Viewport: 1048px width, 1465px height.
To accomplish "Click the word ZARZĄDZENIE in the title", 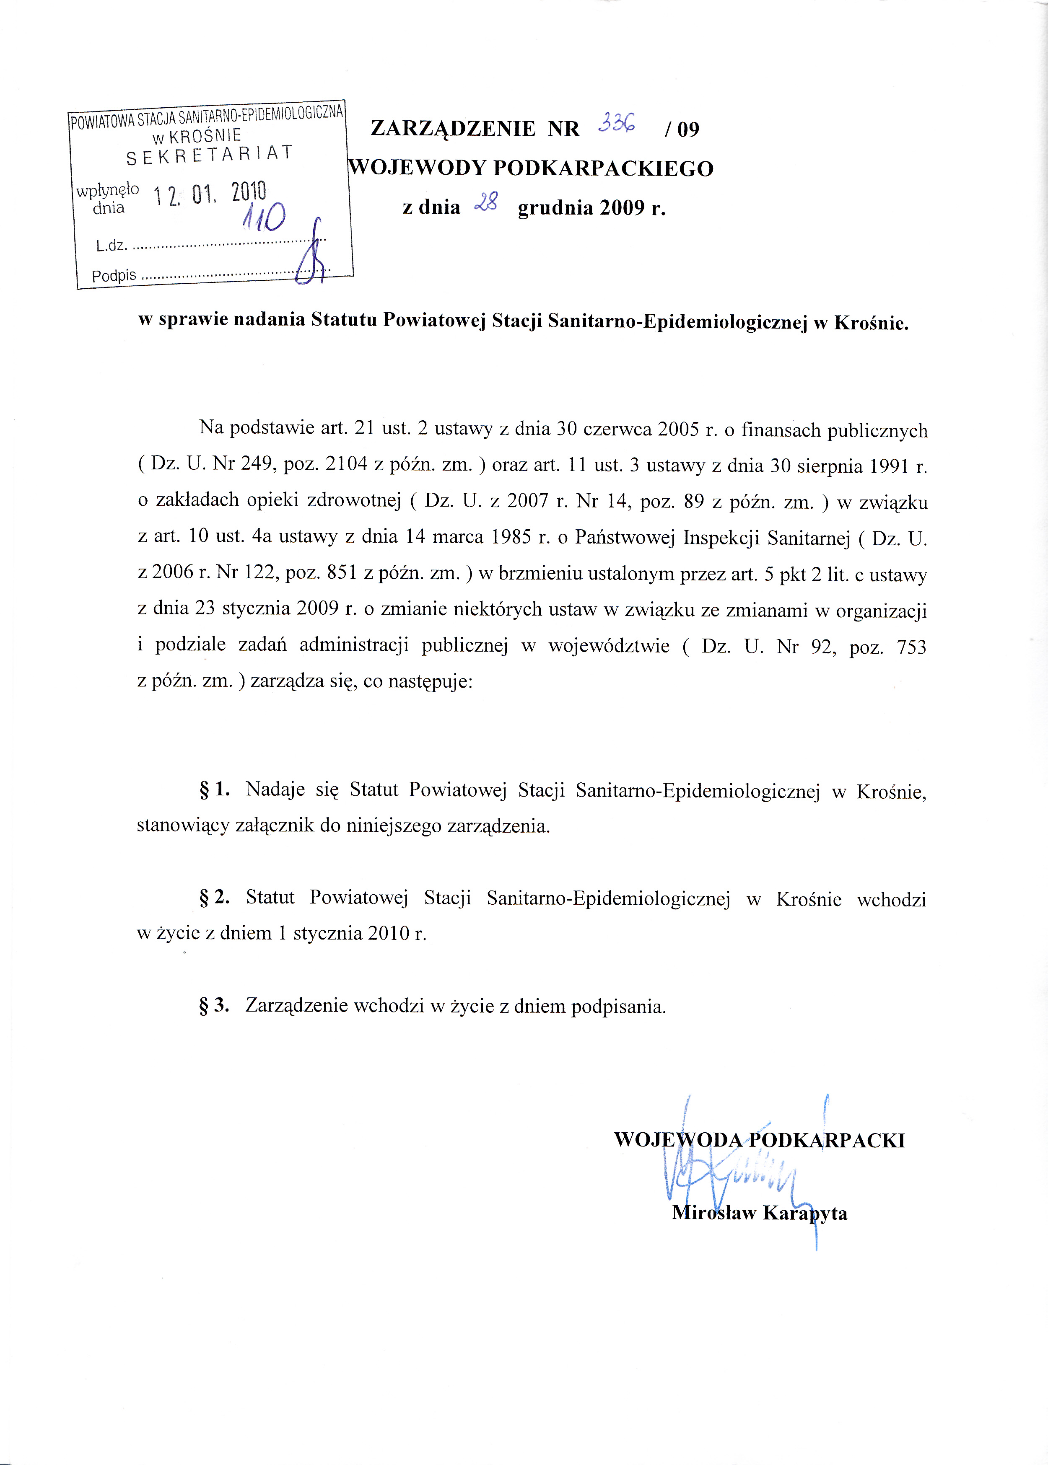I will [453, 129].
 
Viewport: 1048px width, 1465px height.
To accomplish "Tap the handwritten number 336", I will [616, 122].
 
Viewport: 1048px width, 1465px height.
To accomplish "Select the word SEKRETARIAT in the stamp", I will [210, 155].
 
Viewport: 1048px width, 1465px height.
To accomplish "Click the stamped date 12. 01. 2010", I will [210, 193].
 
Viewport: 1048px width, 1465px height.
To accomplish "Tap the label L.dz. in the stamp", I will [111, 246].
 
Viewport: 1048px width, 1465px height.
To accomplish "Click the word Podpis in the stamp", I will [114, 276].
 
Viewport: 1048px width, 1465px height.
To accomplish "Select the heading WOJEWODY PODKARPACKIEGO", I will [530, 168].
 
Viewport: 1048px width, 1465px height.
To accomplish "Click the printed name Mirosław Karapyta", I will [760, 1213].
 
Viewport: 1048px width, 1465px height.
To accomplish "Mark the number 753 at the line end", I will [911, 647].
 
